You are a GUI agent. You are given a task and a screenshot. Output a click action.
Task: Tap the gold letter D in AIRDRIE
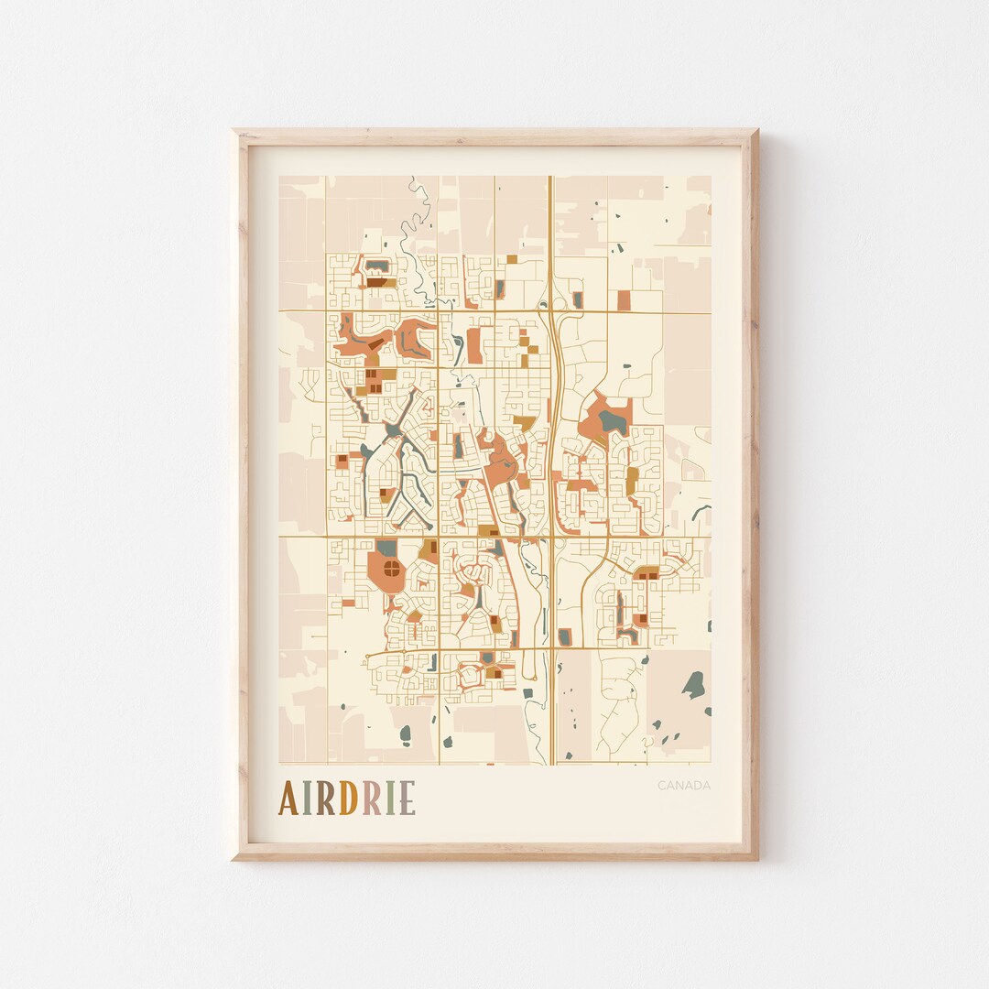pyautogui.click(x=347, y=798)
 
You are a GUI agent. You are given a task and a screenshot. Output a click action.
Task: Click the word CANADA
pyautogui.click(x=683, y=785)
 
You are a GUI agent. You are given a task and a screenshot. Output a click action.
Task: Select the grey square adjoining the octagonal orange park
pyautogui.click(x=386, y=548)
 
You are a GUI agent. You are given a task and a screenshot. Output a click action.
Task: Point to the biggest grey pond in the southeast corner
pyautogui.click(x=695, y=683)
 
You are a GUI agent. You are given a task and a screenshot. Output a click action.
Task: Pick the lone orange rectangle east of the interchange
pyautogui.click(x=624, y=300)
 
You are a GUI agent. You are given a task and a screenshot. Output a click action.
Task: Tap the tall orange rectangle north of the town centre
pyautogui.click(x=474, y=345)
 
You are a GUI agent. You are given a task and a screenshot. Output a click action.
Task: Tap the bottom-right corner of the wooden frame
pyautogui.click(x=757, y=859)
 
